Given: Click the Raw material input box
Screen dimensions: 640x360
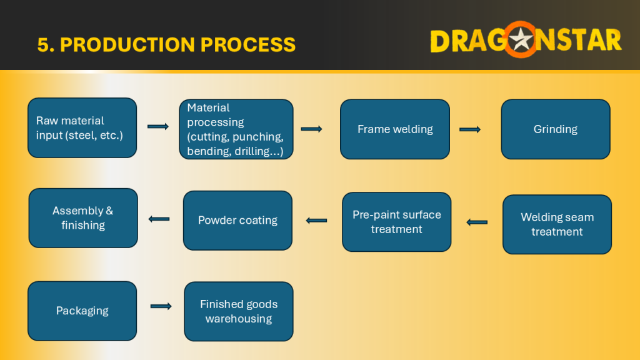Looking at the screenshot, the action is coord(82,127).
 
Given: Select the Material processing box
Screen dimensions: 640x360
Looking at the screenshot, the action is coord(236,129).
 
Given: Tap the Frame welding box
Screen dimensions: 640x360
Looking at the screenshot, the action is coord(395,129).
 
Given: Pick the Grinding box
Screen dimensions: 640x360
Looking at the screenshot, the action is coord(556,129).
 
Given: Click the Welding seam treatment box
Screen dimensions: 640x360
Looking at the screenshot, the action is coord(557,224).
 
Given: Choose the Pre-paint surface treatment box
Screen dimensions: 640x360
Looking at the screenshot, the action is coord(397,222).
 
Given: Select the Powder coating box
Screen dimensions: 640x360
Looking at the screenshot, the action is coord(237,221).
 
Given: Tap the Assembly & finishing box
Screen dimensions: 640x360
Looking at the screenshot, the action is coord(83,218).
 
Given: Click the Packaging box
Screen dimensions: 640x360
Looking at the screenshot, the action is coord(82,311).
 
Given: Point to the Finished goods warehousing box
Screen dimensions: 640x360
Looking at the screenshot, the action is coord(239,311).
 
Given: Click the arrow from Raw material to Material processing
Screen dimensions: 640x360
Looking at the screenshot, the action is coord(158,126).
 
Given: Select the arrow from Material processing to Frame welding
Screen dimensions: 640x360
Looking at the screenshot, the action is coord(311,129).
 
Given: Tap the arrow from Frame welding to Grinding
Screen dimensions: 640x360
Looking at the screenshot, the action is coord(470,129).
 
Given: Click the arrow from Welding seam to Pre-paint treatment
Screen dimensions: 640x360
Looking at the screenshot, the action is coord(477,222).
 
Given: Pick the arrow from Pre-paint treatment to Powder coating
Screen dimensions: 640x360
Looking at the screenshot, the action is coord(316,221).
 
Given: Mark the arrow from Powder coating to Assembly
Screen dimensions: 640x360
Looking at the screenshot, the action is coord(159,219).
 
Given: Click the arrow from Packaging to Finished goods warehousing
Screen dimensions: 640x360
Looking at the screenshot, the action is coord(161,306).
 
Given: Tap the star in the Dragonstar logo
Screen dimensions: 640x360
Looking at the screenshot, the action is coord(521,40).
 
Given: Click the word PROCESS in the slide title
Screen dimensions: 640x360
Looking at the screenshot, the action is coord(247,44).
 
